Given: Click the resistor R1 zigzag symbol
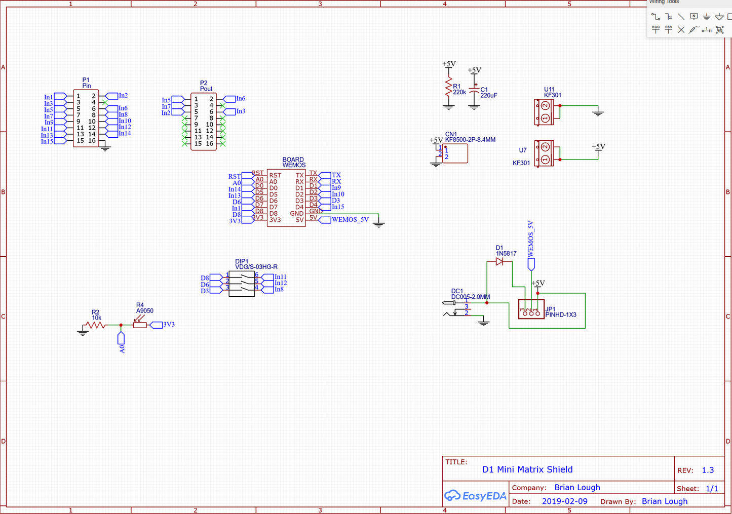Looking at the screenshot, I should (448, 88).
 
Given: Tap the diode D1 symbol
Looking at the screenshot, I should (499, 261).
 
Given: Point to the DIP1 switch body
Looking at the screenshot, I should (242, 284).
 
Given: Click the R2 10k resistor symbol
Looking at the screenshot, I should (95, 325).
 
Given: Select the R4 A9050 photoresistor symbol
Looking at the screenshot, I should (140, 325).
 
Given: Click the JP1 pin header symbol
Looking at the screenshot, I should (531, 309).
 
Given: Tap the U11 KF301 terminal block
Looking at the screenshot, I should (545, 112).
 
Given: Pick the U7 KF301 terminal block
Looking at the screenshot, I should (545, 153).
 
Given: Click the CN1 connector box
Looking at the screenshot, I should (455, 153).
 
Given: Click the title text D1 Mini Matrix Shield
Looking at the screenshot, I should (527, 469).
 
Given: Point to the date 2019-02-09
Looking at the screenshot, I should (565, 501).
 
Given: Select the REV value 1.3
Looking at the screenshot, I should (708, 470).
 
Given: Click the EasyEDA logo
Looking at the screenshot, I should (475, 496).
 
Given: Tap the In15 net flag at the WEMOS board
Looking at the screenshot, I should (337, 207).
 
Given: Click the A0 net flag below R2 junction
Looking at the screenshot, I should (121, 342).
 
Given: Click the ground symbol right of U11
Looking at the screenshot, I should (598, 112).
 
